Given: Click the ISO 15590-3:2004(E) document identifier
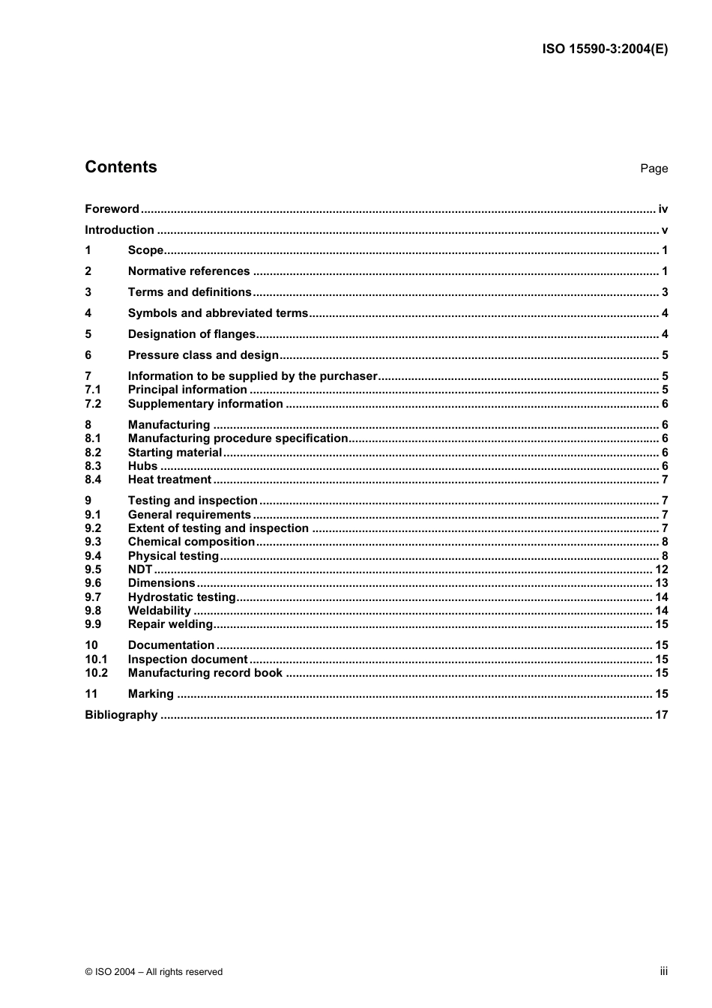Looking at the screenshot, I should pyautogui.click(x=605, y=49).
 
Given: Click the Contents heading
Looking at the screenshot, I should pyautogui.click(x=121, y=167).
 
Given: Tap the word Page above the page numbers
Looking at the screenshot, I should pyautogui.click(x=654, y=169).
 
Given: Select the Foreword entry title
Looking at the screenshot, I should pyautogui.click(x=112, y=209).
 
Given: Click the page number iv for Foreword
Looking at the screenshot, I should pyautogui.click(x=663, y=209).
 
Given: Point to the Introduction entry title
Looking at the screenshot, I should pyautogui.click(x=119, y=230).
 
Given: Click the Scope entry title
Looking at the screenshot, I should pyautogui.click(x=145, y=250).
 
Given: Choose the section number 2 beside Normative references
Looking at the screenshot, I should pyautogui.click(x=88, y=271).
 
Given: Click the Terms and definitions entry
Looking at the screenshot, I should pyautogui.click(x=190, y=292).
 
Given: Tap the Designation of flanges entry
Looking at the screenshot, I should pyautogui.click(x=192, y=334).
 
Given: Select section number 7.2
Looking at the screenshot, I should pyautogui.click(x=93, y=404).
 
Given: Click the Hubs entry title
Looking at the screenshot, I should pyautogui.click(x=142, y=466).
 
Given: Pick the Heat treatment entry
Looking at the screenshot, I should pyautogui.click(x=169, y=480).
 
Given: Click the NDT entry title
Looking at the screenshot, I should pyautogui.click(x=140, y=570).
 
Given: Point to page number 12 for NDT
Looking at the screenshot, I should pyautogui.click(x=661, y=570).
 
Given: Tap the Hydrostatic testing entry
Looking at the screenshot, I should pyautogui.click(x=182, y=597).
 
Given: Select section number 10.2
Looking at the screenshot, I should pyautogui.click(x=96, y=673).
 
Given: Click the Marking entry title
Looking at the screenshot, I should pyautogui.click(x=151, y=694).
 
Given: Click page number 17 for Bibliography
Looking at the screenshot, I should pyautogui.click(x=661, y=715).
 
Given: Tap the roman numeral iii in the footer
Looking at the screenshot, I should pyautogui.click(x=663, y=971).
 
